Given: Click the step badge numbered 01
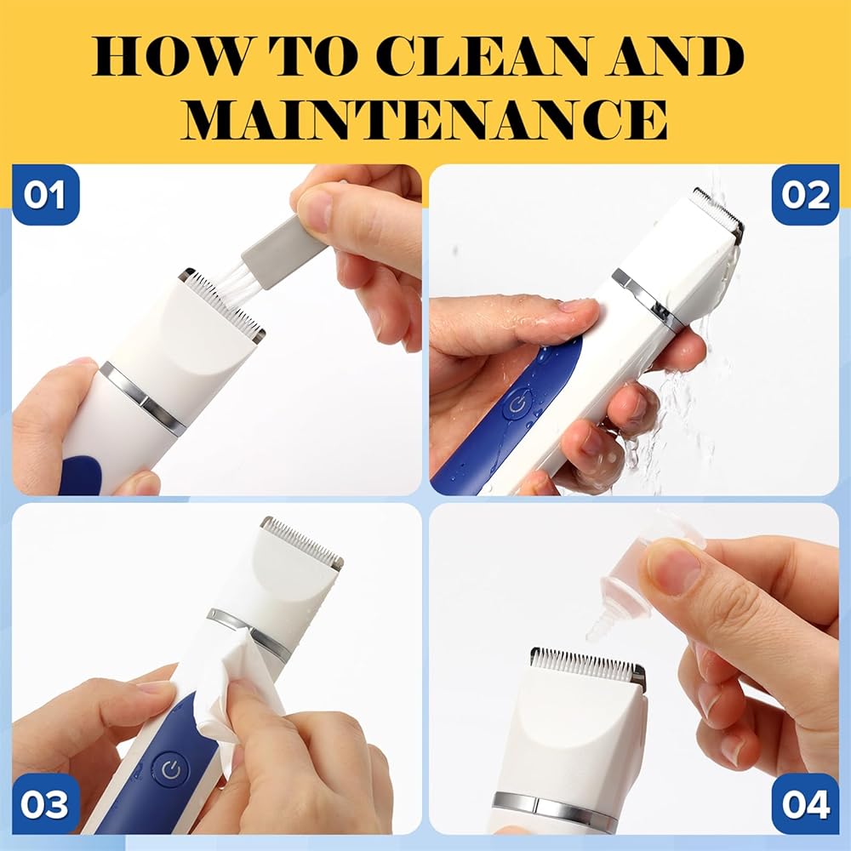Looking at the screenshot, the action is coord(46,195).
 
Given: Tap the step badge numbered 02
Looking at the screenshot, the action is coord(805,195).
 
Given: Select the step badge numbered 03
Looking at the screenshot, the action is coord(46,805).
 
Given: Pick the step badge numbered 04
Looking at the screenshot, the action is coord(805,805).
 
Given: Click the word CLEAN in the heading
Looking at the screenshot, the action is coord(483,56).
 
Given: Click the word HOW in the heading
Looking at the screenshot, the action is coord(169,56).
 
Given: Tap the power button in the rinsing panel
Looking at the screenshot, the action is coord(517,405).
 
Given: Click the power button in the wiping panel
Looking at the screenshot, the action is coord(171,768).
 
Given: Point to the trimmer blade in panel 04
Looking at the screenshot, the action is coord(588,663).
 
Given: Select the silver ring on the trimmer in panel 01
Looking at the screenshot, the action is coord(143,395).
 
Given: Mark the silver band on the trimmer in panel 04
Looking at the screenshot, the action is coord(556,807).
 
